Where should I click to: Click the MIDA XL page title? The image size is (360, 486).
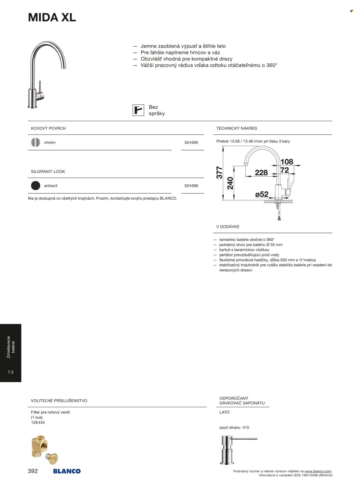(x=52, y=18)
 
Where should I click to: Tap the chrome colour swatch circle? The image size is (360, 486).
(x=35, y=142)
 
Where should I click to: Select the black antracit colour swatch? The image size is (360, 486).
(x=35, y=186)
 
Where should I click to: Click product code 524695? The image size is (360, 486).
(x=191, y=143)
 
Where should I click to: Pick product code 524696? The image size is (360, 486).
(x=191, y=186)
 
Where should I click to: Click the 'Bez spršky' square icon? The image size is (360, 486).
(x=138, y=110)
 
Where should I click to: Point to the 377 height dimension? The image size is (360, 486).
(x=219, y=173)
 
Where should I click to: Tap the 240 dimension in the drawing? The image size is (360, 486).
(x=230, y=183)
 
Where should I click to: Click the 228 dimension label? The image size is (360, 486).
(x=261, y=173)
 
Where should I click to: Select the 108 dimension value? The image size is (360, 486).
(x=287, y=162)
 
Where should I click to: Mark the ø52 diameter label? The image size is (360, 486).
(x=262, y=194)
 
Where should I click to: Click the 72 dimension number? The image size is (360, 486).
(x=285, y=170)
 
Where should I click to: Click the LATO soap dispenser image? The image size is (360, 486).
(x=238, y=449)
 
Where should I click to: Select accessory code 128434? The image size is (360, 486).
(x=38, y=422)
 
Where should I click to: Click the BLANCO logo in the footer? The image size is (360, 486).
(x=67, y=471)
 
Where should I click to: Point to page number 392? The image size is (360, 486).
(x=33, y=471)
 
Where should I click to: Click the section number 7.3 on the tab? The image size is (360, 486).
(x=11, y=372)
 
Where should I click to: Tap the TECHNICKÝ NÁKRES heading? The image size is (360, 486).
(x=237, y=128)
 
